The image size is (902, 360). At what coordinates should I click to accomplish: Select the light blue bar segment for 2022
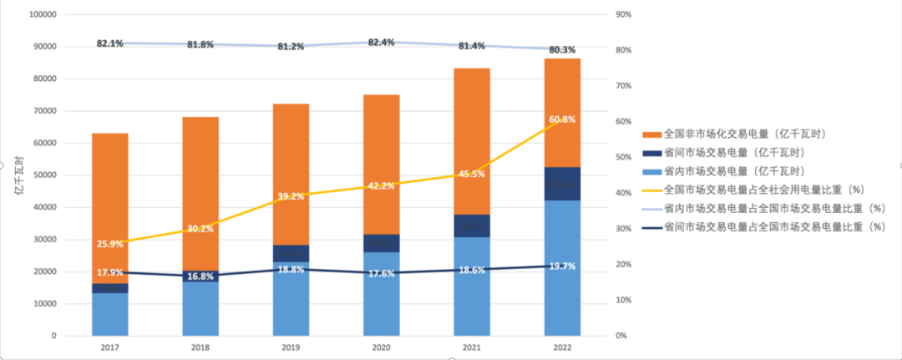click(561, 267)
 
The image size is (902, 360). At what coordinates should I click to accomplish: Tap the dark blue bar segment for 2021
click(472, 226)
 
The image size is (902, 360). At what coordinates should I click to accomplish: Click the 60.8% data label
click(561, 119)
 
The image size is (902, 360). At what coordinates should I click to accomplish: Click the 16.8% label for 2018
click(200, 276)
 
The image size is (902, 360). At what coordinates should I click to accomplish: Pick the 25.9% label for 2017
click(109, 244)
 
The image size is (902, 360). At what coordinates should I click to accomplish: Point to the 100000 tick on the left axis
click(42, 15)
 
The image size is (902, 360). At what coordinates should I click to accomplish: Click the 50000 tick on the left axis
click(44, 175)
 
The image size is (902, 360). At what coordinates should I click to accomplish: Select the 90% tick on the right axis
click(623, 15)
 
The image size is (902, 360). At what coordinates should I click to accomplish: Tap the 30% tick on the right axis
click(623, 229)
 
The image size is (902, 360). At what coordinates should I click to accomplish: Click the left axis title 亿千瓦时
click(18, 176)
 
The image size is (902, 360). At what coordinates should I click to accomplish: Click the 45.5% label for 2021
click(472, 175)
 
